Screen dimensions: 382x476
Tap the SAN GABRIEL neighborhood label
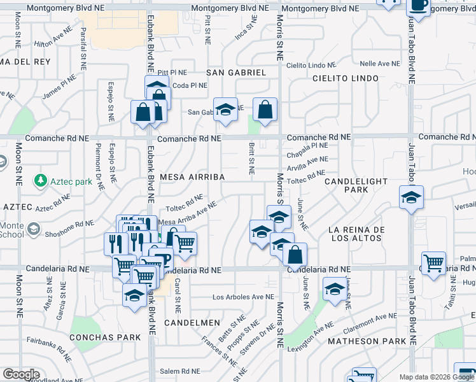tap(236, 73)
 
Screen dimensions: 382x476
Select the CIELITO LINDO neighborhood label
tap(346, 78)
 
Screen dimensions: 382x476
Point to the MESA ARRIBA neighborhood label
tap(192, 176)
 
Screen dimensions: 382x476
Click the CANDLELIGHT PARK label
tap(356, 185)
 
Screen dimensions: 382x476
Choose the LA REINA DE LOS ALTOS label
tap(354, 234)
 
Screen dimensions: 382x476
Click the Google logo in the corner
tap(21, 374)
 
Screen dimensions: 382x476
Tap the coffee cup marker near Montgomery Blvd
tap(418, 6)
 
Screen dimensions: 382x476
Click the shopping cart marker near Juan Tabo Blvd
tap(433, 262)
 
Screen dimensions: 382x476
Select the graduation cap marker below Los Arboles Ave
tap(134, 295)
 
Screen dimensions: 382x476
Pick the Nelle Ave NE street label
tap(379, 64)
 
